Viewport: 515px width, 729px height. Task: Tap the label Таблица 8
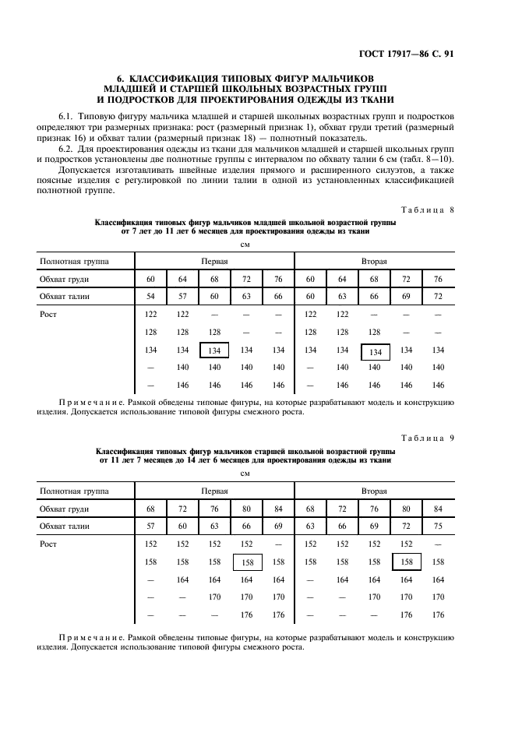pos(428,208)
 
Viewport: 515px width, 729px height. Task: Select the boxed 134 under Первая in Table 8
pos(214,351)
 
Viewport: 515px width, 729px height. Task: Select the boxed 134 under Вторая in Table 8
pos(374,352)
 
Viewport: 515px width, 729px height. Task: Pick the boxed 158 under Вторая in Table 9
pos(406,562)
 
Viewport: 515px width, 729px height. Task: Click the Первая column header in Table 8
pos(214,262)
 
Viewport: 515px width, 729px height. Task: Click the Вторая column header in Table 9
pos(374,491)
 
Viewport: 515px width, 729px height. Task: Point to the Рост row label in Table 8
pos(49,314)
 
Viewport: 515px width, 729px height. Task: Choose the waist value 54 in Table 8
pos(150,296)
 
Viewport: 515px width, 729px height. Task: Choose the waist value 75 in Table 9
pos(438,526)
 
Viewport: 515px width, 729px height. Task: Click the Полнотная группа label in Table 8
pos(74,262)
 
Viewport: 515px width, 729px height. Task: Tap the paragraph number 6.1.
pos(65,116)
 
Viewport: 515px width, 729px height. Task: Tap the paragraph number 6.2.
pos(65,149)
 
